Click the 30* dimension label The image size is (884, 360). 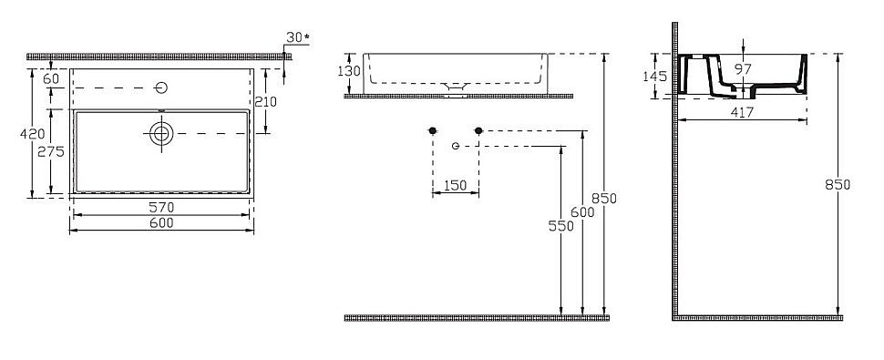click(x=298, y=37)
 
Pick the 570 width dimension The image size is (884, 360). click(x=161, y=207)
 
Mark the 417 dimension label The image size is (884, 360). click(x=740, y=113)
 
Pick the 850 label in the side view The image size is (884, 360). click(x=838, y=184)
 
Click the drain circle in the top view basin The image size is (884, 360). click(x=162, y=133)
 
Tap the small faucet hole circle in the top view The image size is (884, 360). click(x=162, y=87)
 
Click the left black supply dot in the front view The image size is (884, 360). click(x=433, y=131)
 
